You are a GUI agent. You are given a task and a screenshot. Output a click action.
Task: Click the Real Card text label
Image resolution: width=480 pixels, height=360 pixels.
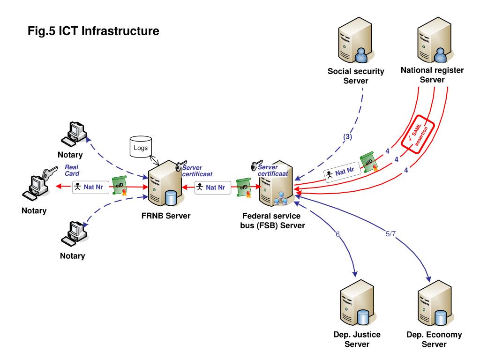(71, 170)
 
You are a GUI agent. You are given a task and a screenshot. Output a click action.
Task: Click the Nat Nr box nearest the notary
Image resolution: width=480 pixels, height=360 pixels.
(90, 187)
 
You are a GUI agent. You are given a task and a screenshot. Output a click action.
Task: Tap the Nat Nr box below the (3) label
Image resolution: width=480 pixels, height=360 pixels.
(342, 172)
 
